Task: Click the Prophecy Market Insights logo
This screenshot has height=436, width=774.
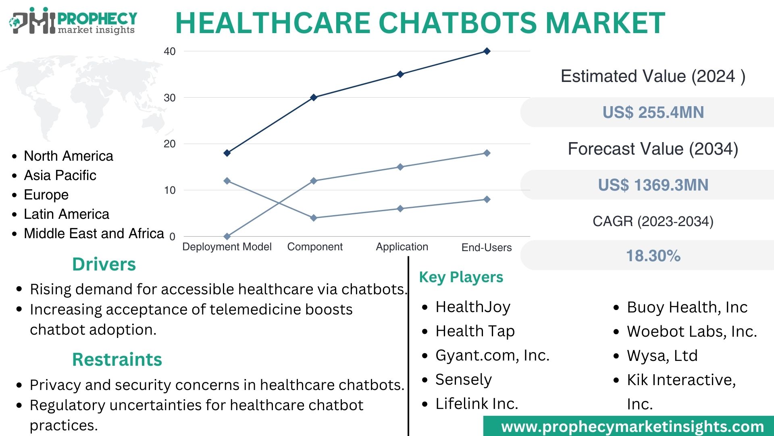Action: tap(73, 21)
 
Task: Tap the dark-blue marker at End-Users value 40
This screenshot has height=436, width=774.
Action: tap(487, 51)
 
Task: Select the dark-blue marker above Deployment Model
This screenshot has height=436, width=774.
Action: tap(227, 153)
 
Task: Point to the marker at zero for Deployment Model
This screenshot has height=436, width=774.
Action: tap(227, 236)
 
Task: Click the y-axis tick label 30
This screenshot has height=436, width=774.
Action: tap(170, 98)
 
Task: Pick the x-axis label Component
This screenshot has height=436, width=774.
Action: tap(315, 247)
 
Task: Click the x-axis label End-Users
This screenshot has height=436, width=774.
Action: tap(487, 247)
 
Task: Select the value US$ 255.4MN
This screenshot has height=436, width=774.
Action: tap(653, 112)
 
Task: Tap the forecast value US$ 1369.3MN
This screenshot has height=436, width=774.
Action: tap(653, 185)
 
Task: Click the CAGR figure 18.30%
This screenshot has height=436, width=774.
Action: tap(653, 256)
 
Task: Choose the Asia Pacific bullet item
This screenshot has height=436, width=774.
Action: tap(60, 175)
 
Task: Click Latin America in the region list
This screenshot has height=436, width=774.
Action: tap(67, 214)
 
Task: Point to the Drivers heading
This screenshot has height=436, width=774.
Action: tap(104, 264)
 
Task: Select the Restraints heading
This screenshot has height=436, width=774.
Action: tap(117, 359)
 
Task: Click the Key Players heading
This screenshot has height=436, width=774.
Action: tap(461, 277)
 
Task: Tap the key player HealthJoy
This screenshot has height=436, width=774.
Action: tap(473, 307)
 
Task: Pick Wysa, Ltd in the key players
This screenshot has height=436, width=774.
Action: tap(662, 356)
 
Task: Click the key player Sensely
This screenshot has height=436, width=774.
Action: tap(464, 379)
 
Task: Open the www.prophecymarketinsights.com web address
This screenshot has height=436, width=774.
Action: tap(632, 427)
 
